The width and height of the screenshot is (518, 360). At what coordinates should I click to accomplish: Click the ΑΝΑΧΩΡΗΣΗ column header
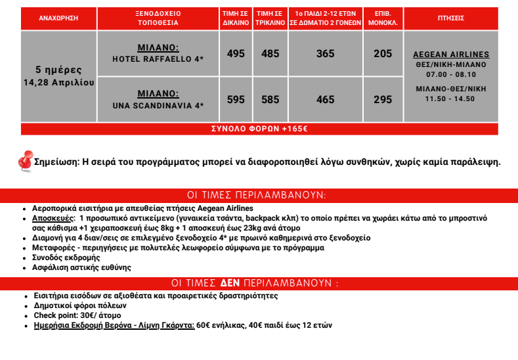click(58, 18)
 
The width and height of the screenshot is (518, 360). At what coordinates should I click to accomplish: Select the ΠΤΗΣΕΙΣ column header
click(450, 18)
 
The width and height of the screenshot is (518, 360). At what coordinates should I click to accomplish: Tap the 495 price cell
click(236, 54)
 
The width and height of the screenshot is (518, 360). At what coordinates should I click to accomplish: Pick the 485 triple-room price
click(270, 54)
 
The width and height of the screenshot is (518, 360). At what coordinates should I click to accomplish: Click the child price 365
click(325, 54)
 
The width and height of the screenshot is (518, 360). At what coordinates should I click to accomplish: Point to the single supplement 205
click(383, 54)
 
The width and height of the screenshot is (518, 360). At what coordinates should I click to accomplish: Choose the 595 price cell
click(236, 100)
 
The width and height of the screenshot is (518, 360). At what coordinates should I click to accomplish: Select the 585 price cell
click(270, 100)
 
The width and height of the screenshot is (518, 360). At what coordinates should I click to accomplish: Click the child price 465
click(325, 100)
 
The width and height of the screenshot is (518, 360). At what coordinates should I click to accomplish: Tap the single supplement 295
click(383, 100)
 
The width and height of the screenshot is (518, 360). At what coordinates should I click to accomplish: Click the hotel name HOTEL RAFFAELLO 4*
click(158, 59)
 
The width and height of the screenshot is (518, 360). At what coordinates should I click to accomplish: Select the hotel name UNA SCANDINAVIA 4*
click(158, 105)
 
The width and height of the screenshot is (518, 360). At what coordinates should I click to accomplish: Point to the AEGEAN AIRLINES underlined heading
click(451, 55)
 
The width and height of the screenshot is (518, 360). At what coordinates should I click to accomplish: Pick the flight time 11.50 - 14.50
click(451, 99)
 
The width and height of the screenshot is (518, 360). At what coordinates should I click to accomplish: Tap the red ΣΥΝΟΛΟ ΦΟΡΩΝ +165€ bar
click(259, 129)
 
